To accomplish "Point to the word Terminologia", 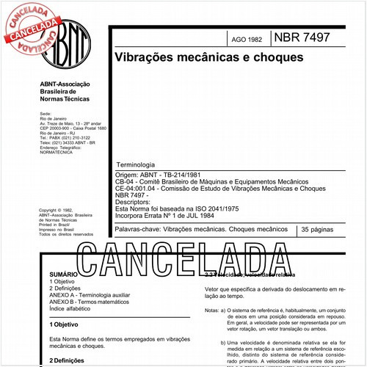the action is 134,166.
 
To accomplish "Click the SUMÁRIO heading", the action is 64,272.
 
